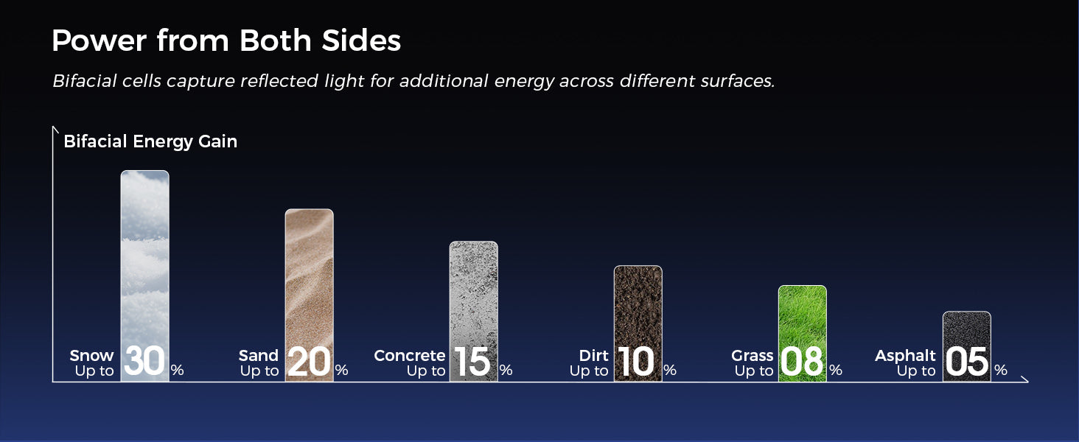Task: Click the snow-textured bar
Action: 145,276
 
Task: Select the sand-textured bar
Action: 310,295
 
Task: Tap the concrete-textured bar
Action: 473,312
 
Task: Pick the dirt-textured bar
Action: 638,323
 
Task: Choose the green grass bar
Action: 803,334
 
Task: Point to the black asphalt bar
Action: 967,347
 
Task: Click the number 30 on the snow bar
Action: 144,361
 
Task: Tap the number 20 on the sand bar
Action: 310,361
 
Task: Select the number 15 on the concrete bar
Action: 472,361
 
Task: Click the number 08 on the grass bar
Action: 802,361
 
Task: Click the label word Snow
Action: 91,355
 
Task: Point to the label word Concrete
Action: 410,355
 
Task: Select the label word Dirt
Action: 594,355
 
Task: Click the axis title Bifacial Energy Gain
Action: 150,141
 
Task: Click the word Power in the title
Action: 99,40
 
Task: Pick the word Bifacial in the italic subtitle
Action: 85,81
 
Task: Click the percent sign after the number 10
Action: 670,370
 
